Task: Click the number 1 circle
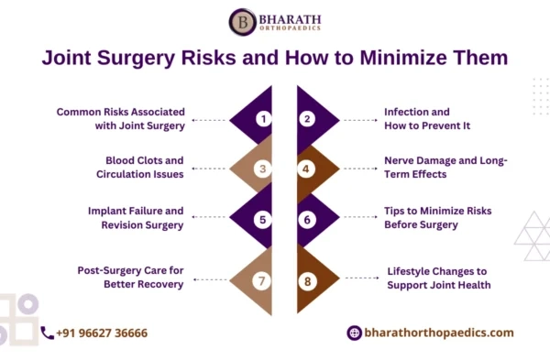263,119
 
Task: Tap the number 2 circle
308,119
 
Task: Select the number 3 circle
263,169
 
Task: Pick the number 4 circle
308,169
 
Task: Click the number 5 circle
263,219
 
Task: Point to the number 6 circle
308,219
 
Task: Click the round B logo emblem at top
242,21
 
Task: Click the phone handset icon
47,333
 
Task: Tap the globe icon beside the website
354,333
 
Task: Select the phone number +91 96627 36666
102,333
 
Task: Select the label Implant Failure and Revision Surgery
135,218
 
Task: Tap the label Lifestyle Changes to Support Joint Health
438,278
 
